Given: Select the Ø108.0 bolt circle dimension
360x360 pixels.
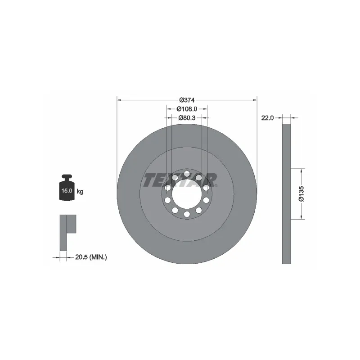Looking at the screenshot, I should tap(186, 109).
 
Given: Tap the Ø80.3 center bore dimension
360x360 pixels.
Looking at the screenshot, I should tap(186, 118).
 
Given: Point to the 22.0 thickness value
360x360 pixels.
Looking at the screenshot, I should tap(267, 118).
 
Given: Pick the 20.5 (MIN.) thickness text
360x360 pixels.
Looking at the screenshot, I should tap(90, 257).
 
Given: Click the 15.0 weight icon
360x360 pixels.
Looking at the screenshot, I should tap(67, 188).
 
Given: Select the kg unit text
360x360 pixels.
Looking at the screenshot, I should tap(80, 191).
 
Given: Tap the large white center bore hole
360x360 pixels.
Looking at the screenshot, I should tap(187, 194).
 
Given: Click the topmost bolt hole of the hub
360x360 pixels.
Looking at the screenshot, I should tap(187, 173).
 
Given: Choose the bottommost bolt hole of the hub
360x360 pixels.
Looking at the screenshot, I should tap(187, 215).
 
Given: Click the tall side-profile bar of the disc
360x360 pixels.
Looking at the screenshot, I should tap(287, 194).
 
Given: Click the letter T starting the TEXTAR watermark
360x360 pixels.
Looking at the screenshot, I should tap(150, 180).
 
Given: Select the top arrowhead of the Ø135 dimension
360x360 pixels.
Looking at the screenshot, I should tap(301, 170).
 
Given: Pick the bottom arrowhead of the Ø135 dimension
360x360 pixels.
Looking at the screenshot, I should tap(301, 217).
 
